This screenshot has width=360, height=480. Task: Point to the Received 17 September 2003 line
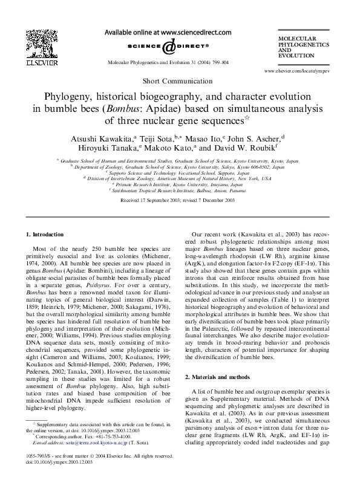click(178, 199)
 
